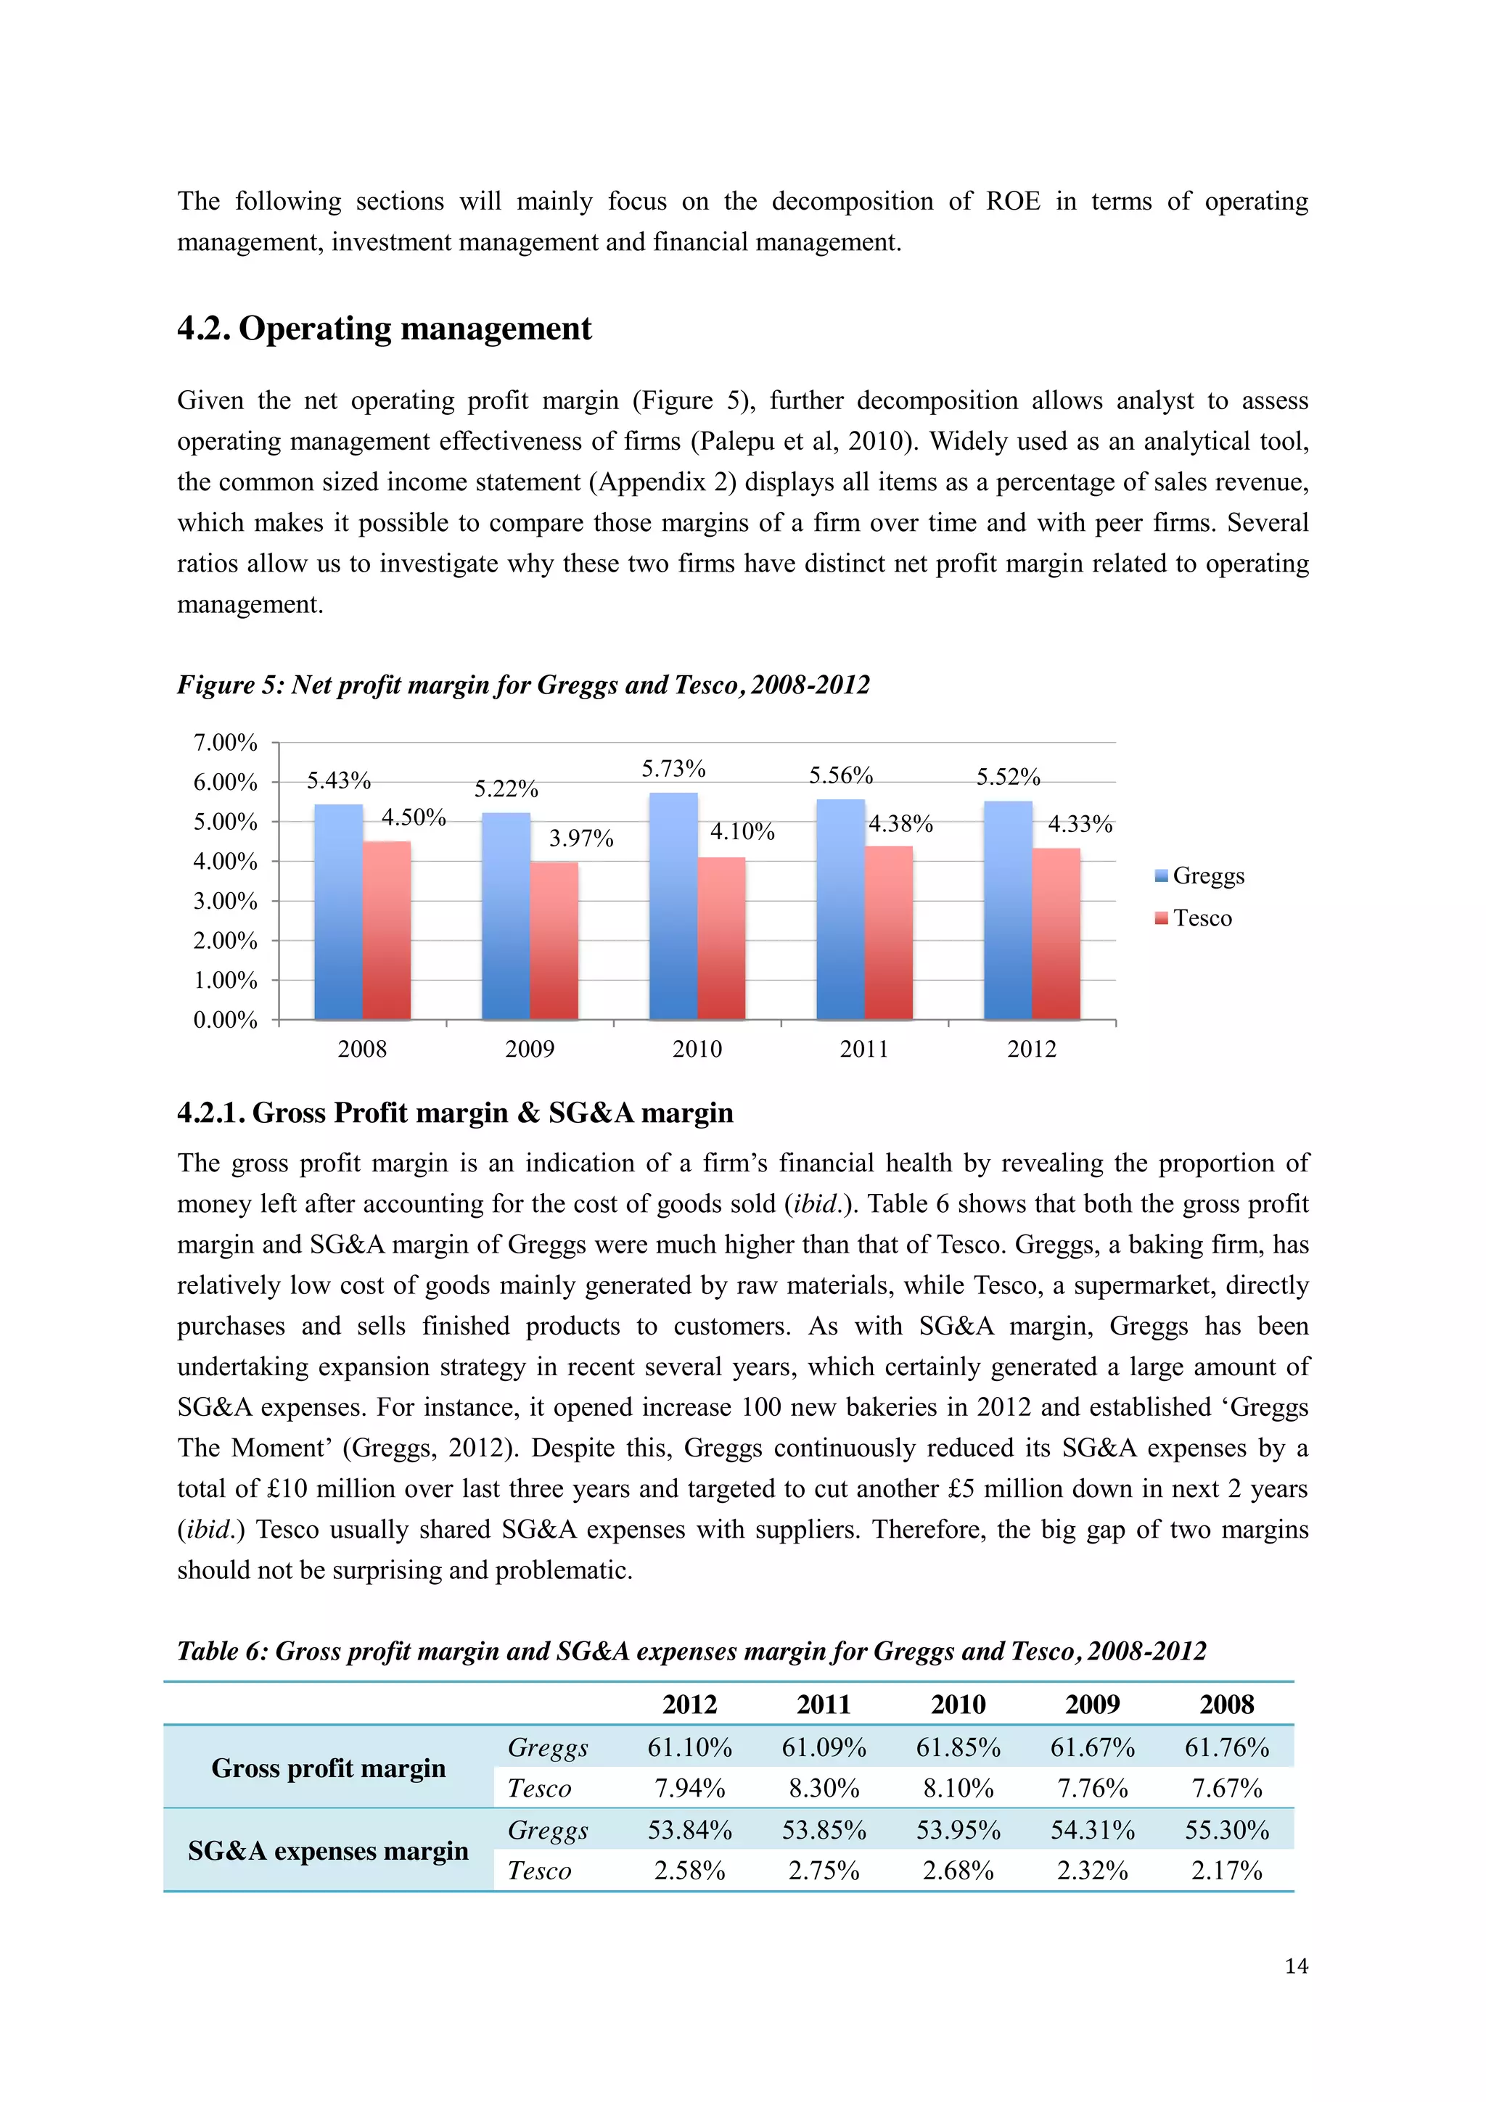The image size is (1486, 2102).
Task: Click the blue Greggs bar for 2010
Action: coord(673,907)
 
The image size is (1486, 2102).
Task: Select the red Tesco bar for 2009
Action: coord(554,941)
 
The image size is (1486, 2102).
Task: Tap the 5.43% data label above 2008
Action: coord(338,781)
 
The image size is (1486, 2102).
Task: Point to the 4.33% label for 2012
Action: coord(1080,824)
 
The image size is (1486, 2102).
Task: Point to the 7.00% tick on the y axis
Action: coord(225,743)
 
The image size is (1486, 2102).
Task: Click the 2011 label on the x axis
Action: coord(864,1049)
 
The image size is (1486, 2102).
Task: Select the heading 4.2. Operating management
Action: coord(384,328)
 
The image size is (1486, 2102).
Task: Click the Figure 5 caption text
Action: coord(523,685)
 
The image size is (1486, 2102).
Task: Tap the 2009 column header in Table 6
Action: coord(1092,1704)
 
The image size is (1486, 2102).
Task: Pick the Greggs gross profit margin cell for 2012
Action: coord(689,1748)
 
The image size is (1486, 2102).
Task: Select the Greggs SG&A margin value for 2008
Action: coord(1226,1830)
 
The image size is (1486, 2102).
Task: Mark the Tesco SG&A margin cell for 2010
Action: coord(958,1871)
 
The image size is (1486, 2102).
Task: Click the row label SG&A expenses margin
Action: coord(328,1850)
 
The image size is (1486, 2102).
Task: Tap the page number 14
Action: coord(1296,1966)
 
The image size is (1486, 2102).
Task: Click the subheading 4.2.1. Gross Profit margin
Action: coord(455,1113)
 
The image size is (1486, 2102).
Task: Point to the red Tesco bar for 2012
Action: coord(1056,933)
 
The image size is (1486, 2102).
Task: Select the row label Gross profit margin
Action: coord(328,1768)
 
